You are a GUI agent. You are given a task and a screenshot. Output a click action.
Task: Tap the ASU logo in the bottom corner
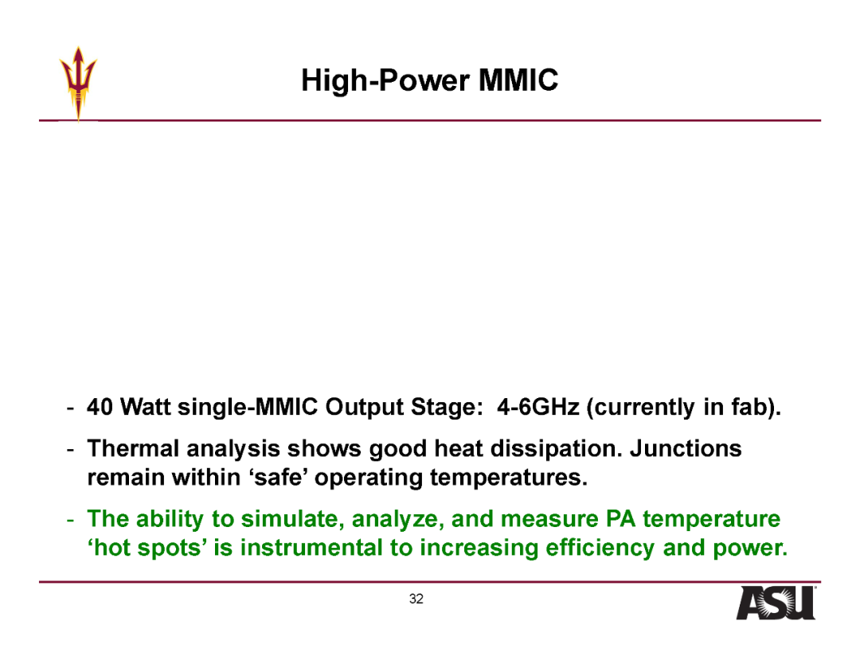pos(776,603)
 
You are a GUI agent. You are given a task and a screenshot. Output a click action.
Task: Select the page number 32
pos(416,599)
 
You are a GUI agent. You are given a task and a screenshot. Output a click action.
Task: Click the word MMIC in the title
pos(518,80)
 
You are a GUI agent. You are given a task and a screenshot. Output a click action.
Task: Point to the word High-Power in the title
pos(385,81)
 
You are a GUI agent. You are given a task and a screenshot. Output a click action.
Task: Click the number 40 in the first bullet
pos(100,407)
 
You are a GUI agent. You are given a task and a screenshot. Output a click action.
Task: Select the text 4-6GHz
pos(538,407)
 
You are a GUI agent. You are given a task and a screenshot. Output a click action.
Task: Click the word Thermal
pos(133,448)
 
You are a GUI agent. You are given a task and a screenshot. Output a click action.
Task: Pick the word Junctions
pos(686,448)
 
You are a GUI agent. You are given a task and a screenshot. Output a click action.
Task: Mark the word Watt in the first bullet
pos(146,407)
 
